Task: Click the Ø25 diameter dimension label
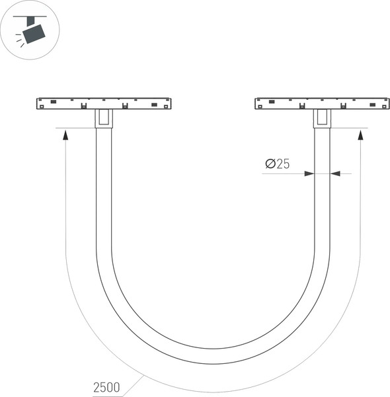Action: (277, 164)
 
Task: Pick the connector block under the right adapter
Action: (321, 118)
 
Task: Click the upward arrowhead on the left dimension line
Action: (65, 135)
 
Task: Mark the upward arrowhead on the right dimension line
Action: (360, 135)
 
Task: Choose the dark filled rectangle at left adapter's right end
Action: (155, 105)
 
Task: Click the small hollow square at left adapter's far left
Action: (41, 107)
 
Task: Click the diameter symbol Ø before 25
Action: (269, 164)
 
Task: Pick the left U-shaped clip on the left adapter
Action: (83, 106)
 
